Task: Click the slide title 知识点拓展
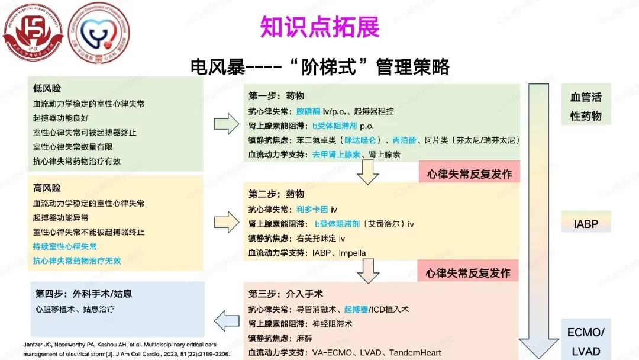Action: (x=319, y=27)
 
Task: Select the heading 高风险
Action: (x=47, y=188)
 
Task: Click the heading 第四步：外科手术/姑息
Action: (x=83, y=294)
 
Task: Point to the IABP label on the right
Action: (x=586, y=224)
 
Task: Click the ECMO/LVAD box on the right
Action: (x=586, y=340)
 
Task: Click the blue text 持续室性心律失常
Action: (x=65, y=246)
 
